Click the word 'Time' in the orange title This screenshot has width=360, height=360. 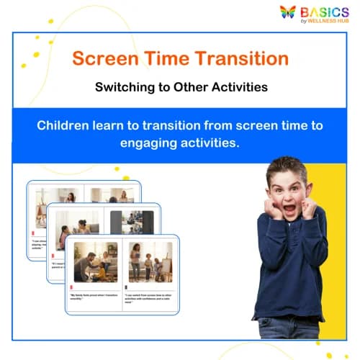click(x=165, y=58)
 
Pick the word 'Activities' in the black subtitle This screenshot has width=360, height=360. click(x=238, y=88)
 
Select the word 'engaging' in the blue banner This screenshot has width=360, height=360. click(x=128, y=143)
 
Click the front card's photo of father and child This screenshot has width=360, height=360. click(x=95, y=262)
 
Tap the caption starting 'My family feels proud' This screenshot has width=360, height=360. click(x=94, y=297)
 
